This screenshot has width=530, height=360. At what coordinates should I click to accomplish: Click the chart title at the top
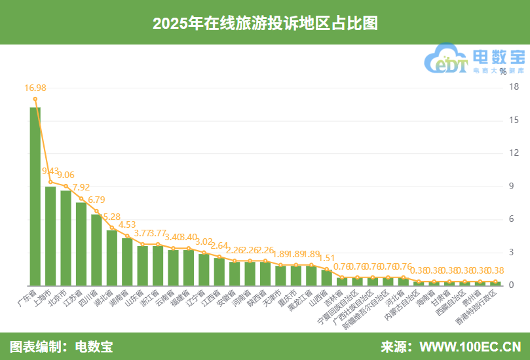click(x=265, y=23)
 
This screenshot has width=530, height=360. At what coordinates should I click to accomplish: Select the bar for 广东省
click(x=35, y=196)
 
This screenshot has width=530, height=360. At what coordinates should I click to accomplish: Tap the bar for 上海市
click(x=50, y=236)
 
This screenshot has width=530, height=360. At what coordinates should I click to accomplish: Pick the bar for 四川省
click(x=96, y=249)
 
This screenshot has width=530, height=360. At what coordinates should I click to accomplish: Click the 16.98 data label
click(x=35, y=88)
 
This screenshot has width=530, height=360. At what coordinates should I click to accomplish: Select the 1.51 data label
click(x=326, y=258)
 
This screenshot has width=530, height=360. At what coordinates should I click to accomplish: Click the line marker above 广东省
click(x=35, y=99)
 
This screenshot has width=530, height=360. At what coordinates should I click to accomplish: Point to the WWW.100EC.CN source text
click(x=470, y=346)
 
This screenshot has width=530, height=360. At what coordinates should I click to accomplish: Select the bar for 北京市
click(x=66, y=238)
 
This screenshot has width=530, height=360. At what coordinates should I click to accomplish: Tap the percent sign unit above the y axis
click(x=502, y=71)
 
